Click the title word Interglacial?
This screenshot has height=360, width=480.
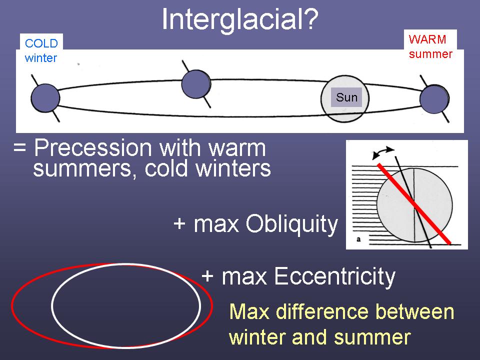(240, 19)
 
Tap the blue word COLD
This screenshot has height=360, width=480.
(41, 43)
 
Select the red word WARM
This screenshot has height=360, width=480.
(427, 39)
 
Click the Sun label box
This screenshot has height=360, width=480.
(346, 97)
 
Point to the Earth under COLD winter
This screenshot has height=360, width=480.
(45, 98)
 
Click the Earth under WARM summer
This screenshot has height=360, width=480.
(434, 99)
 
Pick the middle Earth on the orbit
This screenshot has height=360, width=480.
(196, 84)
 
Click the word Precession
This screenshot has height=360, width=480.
(93, 148)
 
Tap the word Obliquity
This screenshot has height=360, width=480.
(291, 224)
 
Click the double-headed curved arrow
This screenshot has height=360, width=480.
(383, 152)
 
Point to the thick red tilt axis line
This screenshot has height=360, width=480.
(414, 203)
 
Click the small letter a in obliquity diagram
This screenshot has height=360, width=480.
(358, 239)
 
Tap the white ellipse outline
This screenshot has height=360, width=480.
(126, 264)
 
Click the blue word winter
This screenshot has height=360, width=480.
(40, 58)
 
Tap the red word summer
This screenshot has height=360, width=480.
(430, 54)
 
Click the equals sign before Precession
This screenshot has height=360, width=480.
(19, 148)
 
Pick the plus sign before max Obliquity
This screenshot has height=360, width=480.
(179, 223)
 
